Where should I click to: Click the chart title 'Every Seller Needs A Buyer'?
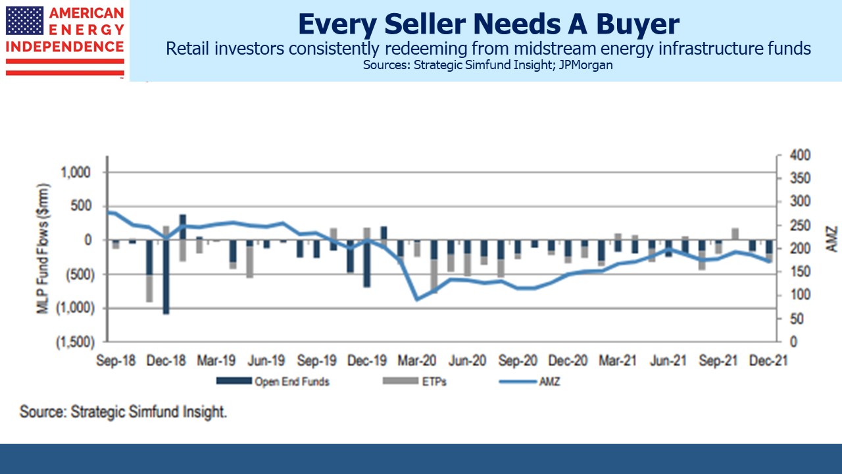(x=487, y=24)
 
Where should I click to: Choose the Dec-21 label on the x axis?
(x=769, y=361)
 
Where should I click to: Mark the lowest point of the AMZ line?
(x=416, y=300)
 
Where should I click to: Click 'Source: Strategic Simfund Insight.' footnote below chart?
(x=123, y=413)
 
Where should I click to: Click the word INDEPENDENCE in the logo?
(x=65, y=46)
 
